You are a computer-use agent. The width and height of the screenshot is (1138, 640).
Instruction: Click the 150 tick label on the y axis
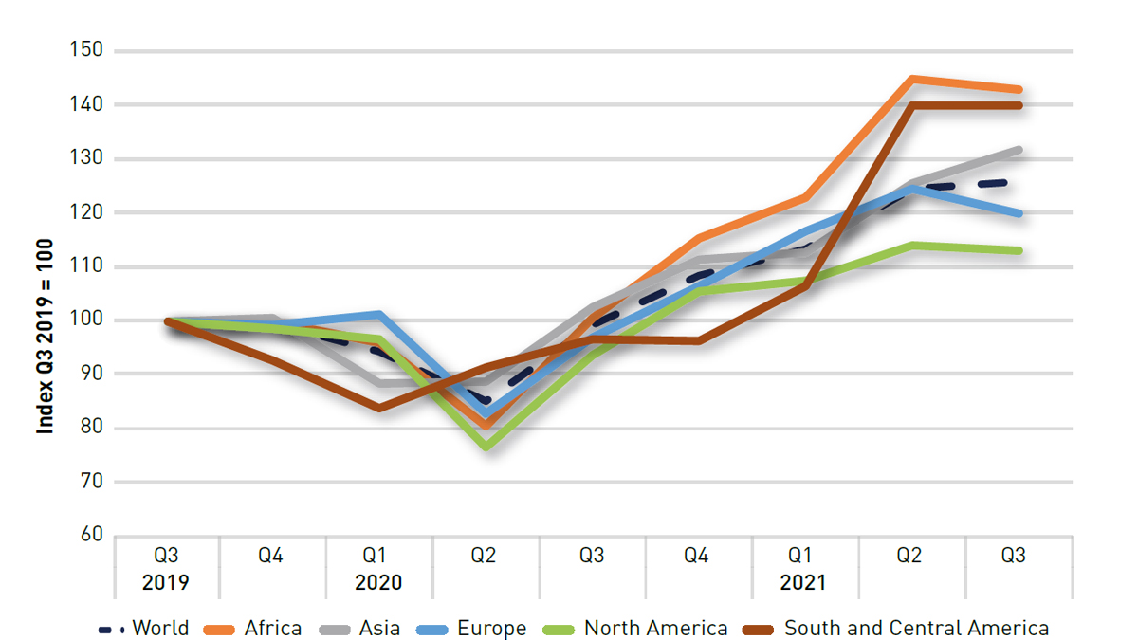(x=85, y=50)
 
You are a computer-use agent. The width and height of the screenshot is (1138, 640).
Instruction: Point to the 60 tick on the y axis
(x=89, y=536)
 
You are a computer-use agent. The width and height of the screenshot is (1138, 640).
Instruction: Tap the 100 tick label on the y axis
(x=85, y=320)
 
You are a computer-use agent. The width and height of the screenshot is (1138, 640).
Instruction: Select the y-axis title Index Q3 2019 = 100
(x=45, y=337)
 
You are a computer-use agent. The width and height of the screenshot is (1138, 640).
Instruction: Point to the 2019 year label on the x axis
(x=166, y=582)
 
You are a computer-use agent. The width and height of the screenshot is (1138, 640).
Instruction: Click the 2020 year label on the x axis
(x=378, y=582)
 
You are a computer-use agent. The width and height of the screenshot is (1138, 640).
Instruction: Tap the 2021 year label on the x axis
(x=802, y=582)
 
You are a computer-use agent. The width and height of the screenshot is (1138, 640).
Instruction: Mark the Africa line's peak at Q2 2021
(x=910, y=79)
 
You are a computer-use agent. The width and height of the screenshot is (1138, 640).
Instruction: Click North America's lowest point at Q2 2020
(x=486, y=446)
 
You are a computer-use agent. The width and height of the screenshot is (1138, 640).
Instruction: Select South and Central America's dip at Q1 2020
(x=379, y=408)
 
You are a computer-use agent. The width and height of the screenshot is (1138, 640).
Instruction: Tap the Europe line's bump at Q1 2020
(x=379, y=314)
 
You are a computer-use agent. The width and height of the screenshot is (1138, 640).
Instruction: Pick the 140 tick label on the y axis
(x=85, y=104)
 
